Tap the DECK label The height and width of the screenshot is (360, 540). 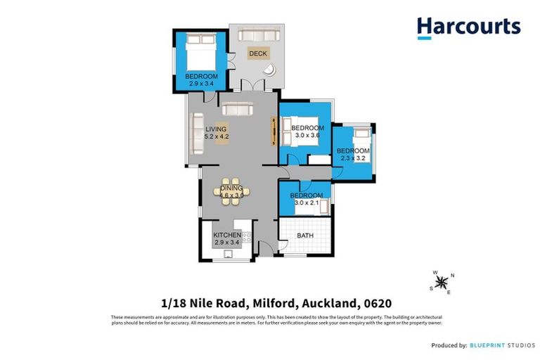257,53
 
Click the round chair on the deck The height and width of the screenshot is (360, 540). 270,70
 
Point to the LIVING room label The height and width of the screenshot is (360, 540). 216,129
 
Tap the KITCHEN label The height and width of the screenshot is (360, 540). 227,234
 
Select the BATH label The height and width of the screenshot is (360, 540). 305,236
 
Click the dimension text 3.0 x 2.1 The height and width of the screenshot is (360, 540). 306,203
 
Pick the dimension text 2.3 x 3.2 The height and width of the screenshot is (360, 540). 353,158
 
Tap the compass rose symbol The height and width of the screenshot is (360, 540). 442,282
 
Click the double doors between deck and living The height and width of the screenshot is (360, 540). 252,86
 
